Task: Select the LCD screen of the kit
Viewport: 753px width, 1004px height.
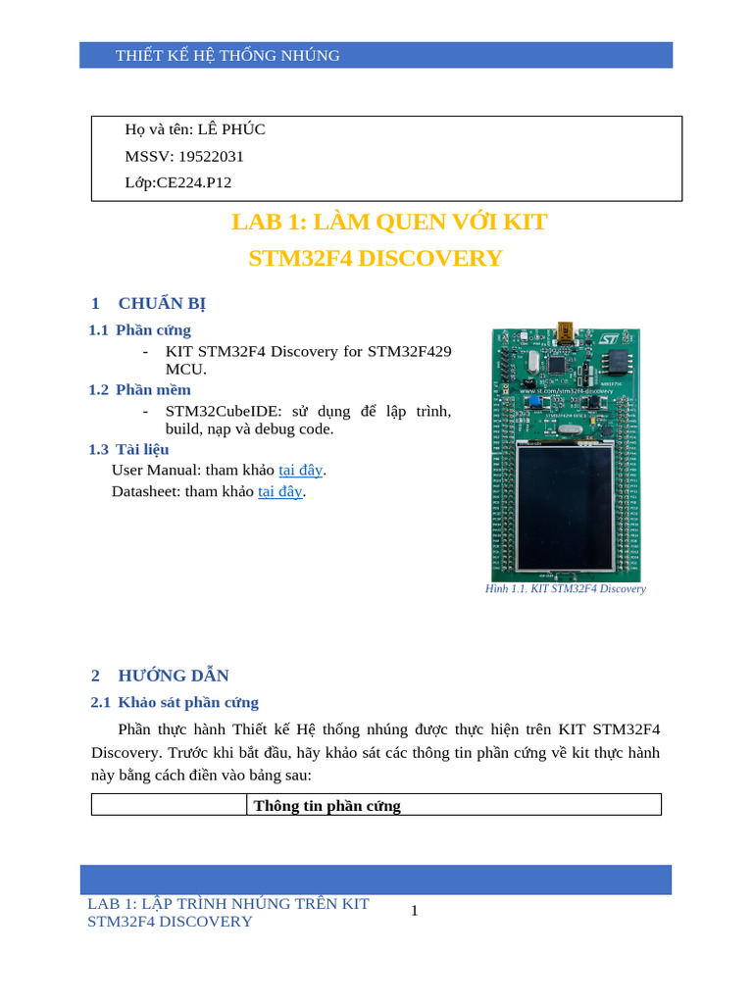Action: [x=566, y=508]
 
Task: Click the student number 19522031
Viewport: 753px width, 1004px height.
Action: [x=211, y=156]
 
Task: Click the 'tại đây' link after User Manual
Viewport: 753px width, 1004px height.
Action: [x=301, y=470]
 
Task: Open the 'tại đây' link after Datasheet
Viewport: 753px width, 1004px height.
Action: [x=280, y=491]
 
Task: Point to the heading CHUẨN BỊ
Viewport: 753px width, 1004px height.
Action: [x=162, y=303]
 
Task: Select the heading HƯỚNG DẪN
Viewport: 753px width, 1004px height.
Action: [x=174, y=676]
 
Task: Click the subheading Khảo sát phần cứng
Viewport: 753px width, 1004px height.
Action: [x=188, y=702]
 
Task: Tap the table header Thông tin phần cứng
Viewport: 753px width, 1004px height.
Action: [x=327, y=806]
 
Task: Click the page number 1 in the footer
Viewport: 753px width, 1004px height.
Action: [x=415, y=911]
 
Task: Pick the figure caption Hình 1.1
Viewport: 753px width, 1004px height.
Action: [x=566, y=589]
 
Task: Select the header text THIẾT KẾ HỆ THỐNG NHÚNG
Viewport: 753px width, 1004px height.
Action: [x=227, y=56]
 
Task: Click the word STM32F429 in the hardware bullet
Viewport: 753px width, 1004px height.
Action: [x=410, y=351]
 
